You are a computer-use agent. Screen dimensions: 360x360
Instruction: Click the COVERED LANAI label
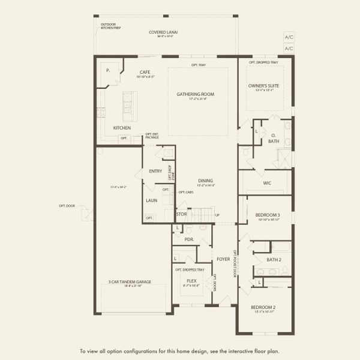coord(163,32)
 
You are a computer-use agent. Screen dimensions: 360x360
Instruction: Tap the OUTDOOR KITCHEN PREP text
coord(110,26)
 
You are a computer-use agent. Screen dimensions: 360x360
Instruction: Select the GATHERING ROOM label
coord(195,94)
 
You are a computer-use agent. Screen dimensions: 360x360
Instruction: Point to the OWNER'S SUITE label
coord(264,86)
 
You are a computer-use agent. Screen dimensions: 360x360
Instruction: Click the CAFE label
coord(144,72)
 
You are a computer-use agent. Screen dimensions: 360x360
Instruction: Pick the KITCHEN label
coord(122,128)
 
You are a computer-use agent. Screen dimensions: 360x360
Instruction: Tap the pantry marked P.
coord(108,70)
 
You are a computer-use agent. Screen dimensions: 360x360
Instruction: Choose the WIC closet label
coord(268,183)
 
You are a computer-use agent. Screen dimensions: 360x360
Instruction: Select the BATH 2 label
coord(274,260)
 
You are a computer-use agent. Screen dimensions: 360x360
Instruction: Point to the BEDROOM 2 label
coord(265,307)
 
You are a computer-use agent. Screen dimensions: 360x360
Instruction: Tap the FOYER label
coord(223,259)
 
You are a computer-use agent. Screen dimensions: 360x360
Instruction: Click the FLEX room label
coord(191,280)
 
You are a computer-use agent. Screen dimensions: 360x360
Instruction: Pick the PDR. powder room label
coord(189,239)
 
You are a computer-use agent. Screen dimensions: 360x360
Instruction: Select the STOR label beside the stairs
coord(181,214)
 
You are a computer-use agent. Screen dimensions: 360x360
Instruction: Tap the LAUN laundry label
coord(151,200)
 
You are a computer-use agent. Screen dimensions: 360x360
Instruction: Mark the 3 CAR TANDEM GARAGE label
coord(130,282)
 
